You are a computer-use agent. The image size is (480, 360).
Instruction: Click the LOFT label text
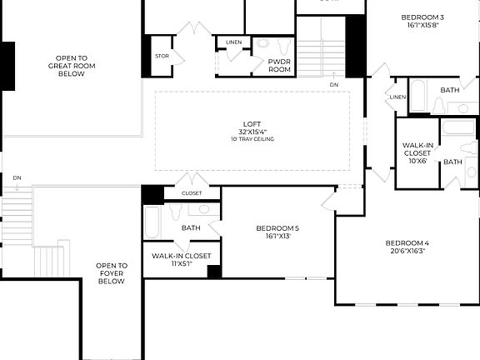(252, 124)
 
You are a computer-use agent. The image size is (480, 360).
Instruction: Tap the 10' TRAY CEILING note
(252, 139)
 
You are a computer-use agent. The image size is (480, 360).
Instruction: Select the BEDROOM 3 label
(422, 17)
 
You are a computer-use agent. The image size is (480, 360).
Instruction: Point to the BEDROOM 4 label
(406, 243)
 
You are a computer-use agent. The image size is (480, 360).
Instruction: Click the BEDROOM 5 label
(277, 227)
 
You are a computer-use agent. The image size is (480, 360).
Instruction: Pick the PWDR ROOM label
(279, 66)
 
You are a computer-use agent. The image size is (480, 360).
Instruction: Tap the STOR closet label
(162, 57)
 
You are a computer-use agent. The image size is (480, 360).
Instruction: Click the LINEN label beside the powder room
(233, 42)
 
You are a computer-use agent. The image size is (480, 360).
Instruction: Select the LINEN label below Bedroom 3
(397, 97)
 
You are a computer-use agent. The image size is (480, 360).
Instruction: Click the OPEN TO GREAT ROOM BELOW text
(71, 65)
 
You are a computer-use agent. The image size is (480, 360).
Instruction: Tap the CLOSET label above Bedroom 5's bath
(192, 193)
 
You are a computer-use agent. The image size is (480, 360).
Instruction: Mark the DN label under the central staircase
(333, 85)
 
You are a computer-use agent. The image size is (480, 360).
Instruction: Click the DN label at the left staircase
(17, 178)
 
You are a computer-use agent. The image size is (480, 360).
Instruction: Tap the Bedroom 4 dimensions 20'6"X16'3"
(406, 251)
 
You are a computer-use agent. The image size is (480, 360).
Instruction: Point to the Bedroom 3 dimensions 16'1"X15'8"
(422, 25)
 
